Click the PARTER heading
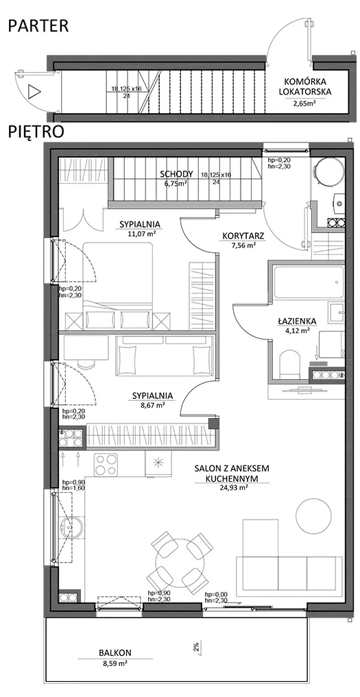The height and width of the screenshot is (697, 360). click(38, 25)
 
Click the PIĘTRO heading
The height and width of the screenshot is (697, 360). click(36, 132)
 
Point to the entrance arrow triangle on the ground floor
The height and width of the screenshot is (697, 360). click(34, 92)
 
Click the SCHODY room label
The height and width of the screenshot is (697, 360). click(177, 174)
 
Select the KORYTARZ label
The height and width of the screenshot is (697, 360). click(242, 237)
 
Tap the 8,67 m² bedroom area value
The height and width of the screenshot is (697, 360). click(152, 404)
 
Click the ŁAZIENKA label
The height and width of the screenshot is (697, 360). click(295, 321)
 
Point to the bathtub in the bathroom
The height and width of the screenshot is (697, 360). click(307, 282)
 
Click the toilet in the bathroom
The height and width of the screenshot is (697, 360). click(291, 364)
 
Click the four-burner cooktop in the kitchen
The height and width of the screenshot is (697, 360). click(106, 465)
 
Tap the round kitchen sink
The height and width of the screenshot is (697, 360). click(71, 528)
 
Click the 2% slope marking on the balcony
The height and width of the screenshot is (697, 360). click(195, 647)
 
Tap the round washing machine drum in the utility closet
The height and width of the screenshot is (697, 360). click(328, 171)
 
